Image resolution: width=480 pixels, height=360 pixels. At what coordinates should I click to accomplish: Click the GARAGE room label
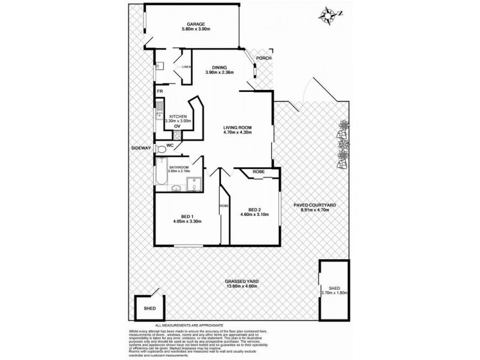tap(196, 24)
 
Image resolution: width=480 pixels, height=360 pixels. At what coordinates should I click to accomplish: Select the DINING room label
tap(219, 67)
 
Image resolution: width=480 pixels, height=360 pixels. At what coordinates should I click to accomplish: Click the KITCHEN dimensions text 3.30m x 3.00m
tap(178, 121)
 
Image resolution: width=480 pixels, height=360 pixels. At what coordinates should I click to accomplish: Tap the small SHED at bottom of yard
tap(149, 308)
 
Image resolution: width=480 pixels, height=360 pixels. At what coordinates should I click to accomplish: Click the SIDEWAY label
tap(142, 147)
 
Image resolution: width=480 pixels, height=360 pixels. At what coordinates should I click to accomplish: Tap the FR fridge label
tap(160, 91)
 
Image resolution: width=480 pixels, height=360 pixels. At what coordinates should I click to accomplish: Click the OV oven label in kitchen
tap(178, 127)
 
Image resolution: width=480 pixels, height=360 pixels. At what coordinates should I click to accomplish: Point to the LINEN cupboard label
tap(186, 67)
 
